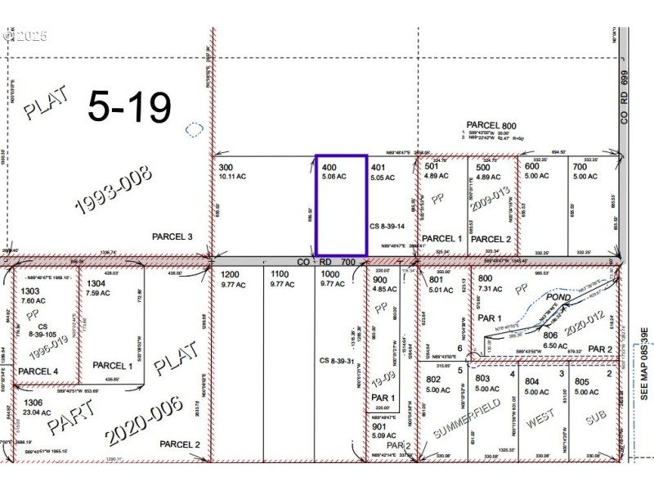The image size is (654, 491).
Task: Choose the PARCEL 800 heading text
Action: coord(493,124)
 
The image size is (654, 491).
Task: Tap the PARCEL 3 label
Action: coord(172,236)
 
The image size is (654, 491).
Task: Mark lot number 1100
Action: coord(280,274)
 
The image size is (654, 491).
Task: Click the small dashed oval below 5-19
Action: coord(193,129)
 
